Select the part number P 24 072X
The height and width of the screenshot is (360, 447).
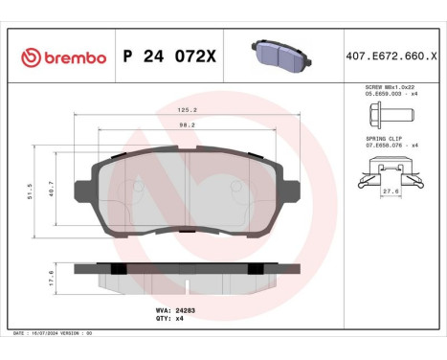(170, 58)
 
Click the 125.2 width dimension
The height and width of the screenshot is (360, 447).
(188, 110)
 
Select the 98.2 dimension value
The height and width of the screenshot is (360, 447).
(188, 124)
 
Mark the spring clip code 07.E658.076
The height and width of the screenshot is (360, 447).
(378, 145)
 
